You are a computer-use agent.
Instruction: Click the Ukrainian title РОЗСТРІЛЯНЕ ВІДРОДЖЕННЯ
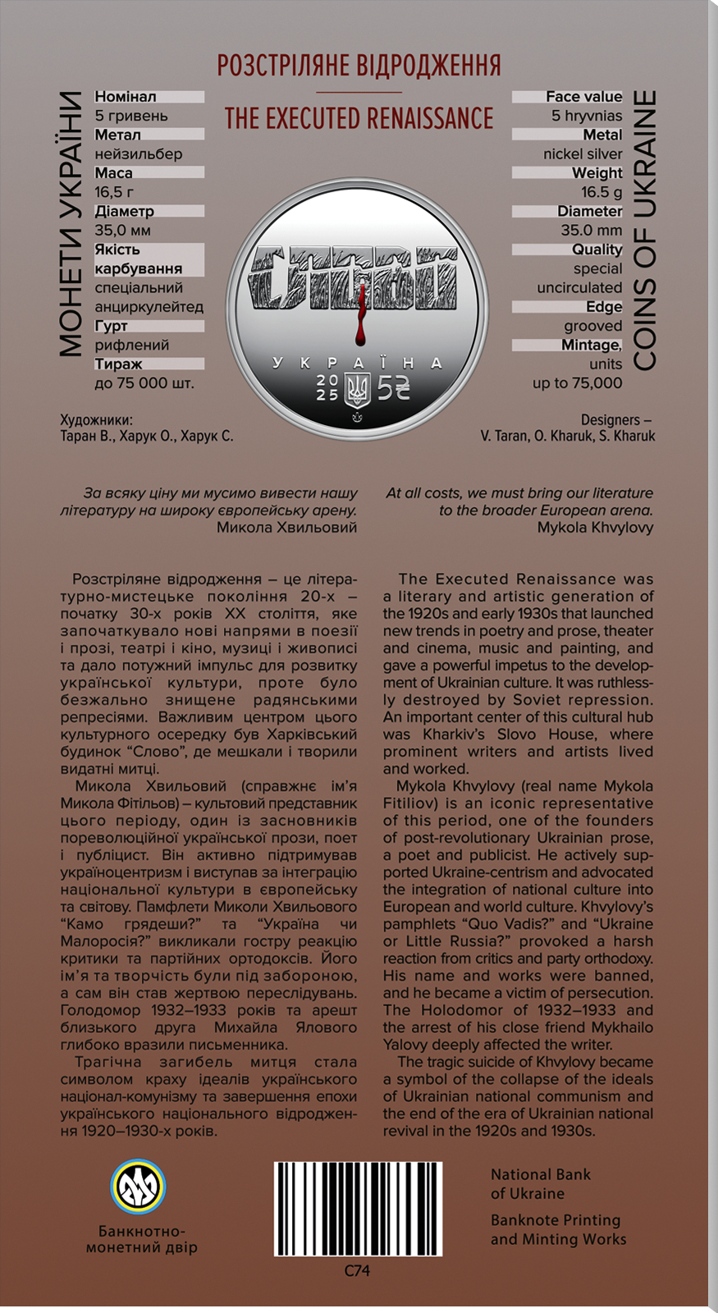[359, 66]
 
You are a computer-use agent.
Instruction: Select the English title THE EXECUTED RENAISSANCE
[359, 119]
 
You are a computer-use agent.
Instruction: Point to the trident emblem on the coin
[357, 389]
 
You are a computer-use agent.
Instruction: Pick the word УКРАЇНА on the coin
[358, 363]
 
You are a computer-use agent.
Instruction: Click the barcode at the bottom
[358, 1209]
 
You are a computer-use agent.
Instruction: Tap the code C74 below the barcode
[357, 1270]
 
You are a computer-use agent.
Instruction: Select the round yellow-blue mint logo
[139, 1187]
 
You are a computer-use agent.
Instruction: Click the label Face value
[583, 97]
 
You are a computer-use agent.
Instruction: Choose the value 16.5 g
[601, 192]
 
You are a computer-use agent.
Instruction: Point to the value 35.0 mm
[591, 231]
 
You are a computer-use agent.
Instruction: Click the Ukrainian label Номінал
[126, 97]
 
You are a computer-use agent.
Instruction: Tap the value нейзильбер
[139, 154]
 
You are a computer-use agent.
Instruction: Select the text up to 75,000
[577, 383]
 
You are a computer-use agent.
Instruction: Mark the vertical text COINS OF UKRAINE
[645, 230]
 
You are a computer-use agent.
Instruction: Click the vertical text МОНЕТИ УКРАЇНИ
[71, 224]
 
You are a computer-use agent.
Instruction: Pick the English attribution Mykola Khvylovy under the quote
[595, 528]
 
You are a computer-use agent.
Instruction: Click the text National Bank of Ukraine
[540, 1184]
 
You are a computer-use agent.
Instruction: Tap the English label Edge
[604, 307]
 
